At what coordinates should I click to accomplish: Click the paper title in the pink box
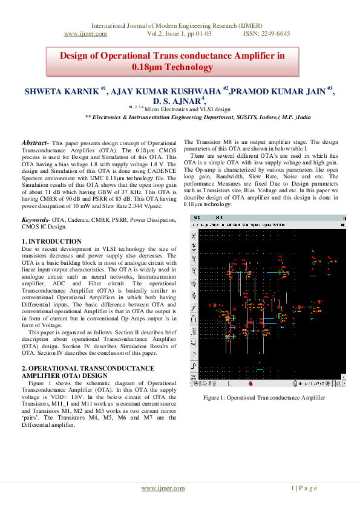point(171,61)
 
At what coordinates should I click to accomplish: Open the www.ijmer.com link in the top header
point(85,34)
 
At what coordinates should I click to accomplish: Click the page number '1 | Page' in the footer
point(304,488)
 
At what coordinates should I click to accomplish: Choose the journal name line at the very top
point(180,26)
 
